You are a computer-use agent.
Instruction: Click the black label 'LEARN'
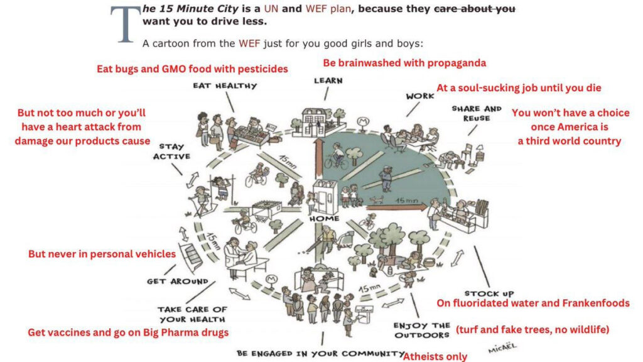pos(328,81)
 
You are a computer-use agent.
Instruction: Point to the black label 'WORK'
pos(420,96)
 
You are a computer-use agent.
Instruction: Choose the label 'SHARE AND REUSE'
pos(477,113)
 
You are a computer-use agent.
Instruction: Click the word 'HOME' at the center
pos(325,219)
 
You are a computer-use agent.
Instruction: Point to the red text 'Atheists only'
pos(435,356)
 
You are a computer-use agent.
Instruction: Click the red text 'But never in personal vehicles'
pos(102,255)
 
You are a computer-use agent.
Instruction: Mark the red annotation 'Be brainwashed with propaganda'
pos(404,63)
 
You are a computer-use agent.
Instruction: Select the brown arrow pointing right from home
pos(396,204)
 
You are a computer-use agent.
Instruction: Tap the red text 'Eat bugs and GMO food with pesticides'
pos(192,69)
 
